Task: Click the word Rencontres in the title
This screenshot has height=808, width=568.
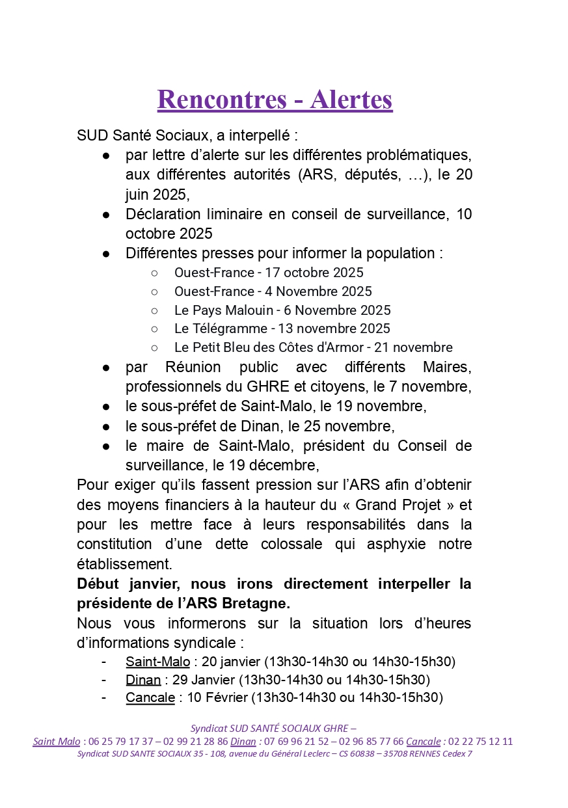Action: (x=221, y=100)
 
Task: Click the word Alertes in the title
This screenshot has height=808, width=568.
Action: (x=351, y=100)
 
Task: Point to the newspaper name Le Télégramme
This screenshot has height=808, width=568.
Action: (x=221, y=329)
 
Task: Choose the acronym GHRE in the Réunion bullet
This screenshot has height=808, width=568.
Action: (x=245, y=387)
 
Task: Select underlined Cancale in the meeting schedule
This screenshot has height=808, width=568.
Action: (x=150, y=697)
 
